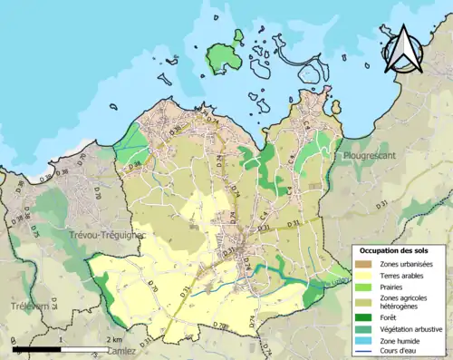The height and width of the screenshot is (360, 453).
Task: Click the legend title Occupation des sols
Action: pos(393,249)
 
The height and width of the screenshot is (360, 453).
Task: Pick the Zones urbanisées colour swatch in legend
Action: pos(363,263)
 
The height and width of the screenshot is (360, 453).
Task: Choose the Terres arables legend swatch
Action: pos(363,275)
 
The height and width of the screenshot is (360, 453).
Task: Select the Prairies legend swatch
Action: pos(363,287)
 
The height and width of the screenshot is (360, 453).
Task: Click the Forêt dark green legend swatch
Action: pos(363,317)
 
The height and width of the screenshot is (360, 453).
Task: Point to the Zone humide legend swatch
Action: pos(363,340)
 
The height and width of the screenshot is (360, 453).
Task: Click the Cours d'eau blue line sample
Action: pos(363,351)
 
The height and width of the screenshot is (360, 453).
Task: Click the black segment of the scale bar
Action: pos(35,347)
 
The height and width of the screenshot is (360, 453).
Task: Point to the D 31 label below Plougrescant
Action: pos(292,221)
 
